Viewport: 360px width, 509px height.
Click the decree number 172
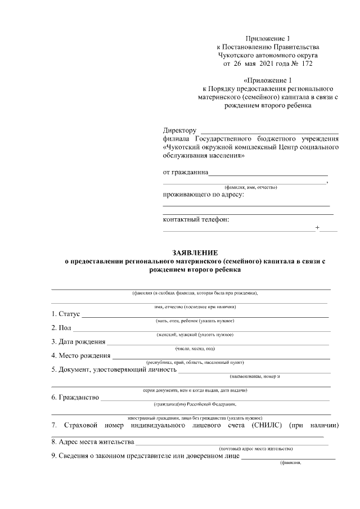[306, 64]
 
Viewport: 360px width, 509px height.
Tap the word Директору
[179, 131]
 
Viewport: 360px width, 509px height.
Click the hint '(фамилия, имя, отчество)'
[250, 187]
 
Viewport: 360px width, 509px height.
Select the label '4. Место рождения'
[81, 355]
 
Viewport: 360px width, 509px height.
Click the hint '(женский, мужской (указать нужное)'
[195, 335]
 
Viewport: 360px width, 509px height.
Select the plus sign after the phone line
[318, 228]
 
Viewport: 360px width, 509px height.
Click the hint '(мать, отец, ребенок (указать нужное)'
[195, 320]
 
